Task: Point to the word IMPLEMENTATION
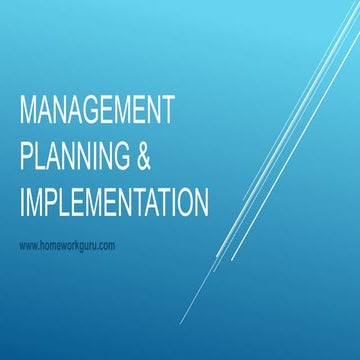[x=114, y=202]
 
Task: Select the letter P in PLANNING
[x=26, y=155]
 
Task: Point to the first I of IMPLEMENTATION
[x=22, y=202]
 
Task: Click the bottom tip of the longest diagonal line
[x=182, y=324]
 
